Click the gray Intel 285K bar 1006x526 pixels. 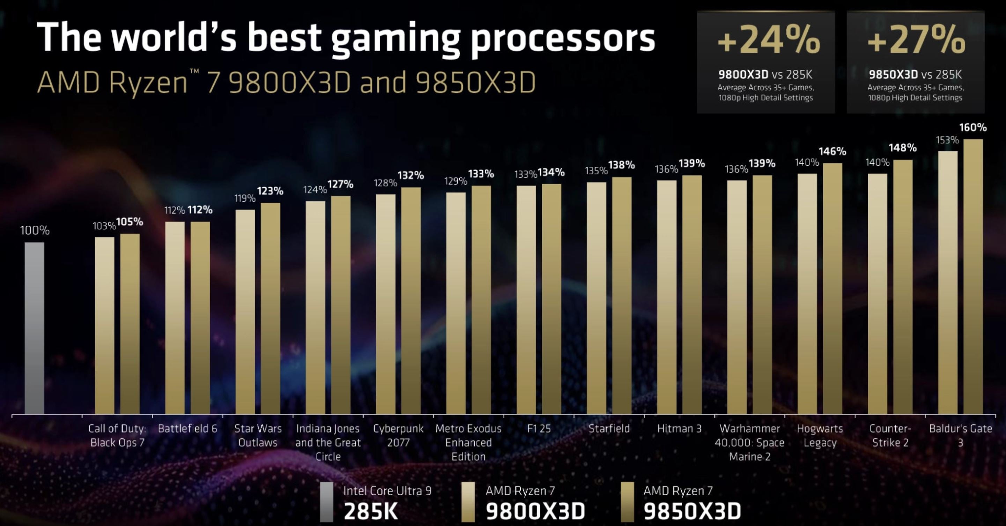point(34,328)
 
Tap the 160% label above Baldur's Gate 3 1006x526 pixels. point(972,127)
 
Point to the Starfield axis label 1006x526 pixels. point(609,428)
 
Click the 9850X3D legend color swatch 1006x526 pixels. point(627,502)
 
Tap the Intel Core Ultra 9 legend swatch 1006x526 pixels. point(326,502)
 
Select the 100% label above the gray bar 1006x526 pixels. point(35,230)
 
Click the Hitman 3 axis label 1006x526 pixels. point(679,428)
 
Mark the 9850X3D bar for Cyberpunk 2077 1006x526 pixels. point(411,300)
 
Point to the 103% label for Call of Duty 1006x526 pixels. point(104,226)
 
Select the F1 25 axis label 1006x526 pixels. point(539,428)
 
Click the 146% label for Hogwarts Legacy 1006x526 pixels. point(832,151)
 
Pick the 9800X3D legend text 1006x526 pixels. point(535,510)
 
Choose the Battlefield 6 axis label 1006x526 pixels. point(187,428)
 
